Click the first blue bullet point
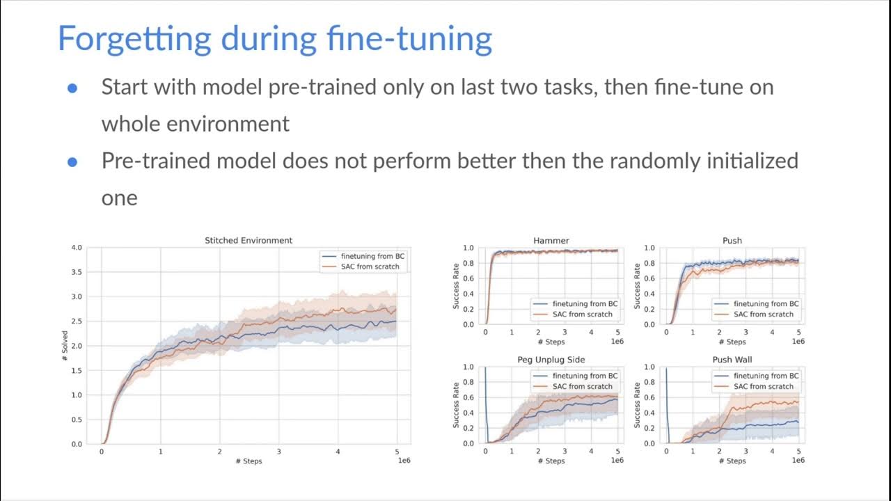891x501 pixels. (x=72, y=88)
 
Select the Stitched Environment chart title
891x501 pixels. (x=249, y=240)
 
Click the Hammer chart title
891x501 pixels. (x=551, y=240)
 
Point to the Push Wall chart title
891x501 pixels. (x=732, y=360)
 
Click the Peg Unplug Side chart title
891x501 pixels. (x=551, y=360)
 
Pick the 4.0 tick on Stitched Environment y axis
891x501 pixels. (x=77, y=248)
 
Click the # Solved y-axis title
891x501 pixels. (x=65, y=346)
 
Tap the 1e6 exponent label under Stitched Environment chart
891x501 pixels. (x=403, y=461)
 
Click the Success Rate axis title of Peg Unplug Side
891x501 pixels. (x=456, y=406)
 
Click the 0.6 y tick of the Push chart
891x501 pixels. (x=648, y=278)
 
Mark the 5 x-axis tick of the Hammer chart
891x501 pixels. (x=617, y=333)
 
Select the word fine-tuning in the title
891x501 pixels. (x=411, y=39)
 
